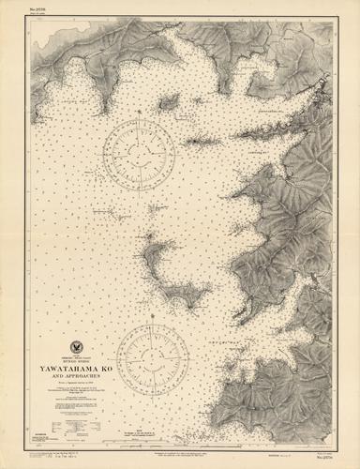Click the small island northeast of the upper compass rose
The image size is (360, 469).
pyautogui.click(x=170, y=102)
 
